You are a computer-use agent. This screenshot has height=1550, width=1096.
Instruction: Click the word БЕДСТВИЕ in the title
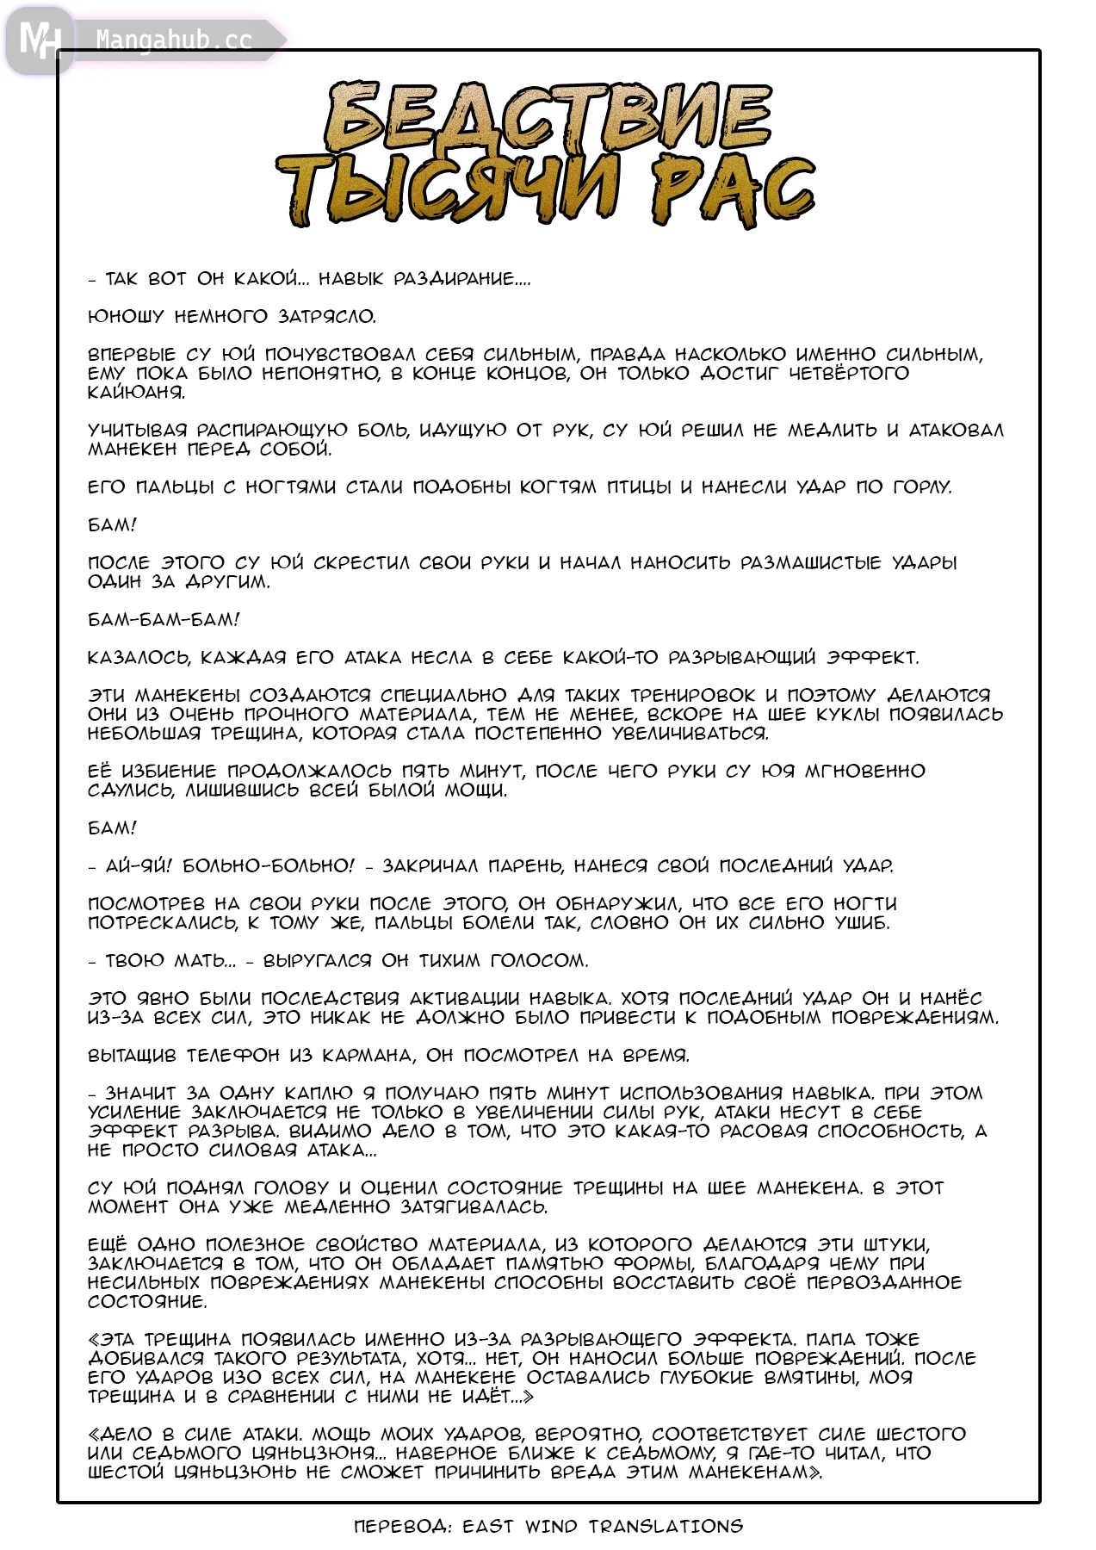548,118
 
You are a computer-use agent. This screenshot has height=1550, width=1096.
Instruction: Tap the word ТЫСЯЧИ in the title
448,191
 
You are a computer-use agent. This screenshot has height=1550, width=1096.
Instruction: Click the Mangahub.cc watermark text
173,40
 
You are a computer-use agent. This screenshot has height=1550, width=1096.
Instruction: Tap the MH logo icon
39,40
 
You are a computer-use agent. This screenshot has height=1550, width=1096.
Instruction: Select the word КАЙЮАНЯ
137,393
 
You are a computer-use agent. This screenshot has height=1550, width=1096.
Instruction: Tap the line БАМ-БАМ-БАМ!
164,620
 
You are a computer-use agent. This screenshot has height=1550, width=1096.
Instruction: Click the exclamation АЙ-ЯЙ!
139,866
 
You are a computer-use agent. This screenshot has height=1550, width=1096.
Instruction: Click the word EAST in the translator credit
488,1527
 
